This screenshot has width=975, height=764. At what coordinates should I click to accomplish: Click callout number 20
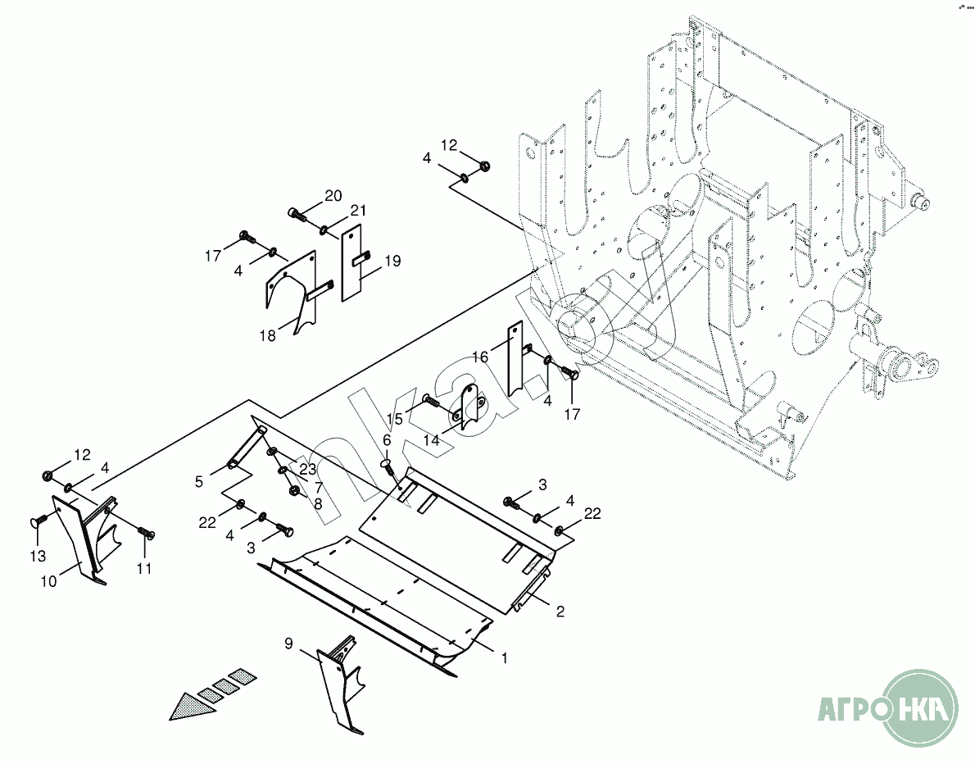coord(333,195)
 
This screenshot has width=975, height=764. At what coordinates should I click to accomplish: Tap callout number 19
coord(392,261)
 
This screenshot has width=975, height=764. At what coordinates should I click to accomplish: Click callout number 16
coord(479,357)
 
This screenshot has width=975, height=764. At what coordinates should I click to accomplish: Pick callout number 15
coord(394,420)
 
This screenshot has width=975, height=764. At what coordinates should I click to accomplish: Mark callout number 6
coord(387,441)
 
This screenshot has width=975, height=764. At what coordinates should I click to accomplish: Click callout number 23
coord(307,470)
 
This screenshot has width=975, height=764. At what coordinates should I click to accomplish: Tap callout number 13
coord(38,557)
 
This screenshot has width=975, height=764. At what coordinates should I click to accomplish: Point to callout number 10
coord(48,581)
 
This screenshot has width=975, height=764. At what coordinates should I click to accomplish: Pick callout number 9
coord(288,643)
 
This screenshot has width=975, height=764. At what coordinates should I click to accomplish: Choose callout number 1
coord(505,657)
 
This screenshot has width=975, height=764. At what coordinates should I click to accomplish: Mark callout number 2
coord(560,612)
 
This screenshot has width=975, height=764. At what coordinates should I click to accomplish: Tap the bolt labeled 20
coord(297,216)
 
